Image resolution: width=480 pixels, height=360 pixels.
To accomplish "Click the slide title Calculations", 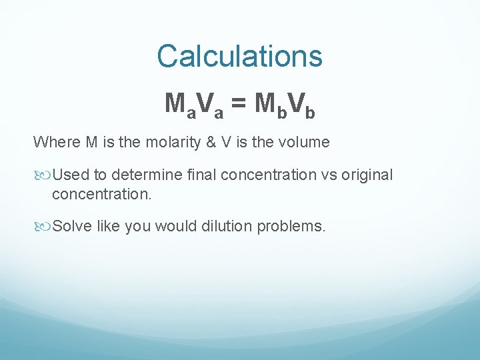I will pos(239,56).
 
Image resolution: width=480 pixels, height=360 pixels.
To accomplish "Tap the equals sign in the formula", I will pos(239,104).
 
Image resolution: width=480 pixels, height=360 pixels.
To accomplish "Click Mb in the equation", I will pos(271,105).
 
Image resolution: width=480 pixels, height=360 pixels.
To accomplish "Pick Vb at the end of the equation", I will pos(301,105).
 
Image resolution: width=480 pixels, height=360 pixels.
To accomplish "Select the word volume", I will pos(306,142).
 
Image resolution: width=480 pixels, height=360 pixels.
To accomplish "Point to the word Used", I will pos(70,175).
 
